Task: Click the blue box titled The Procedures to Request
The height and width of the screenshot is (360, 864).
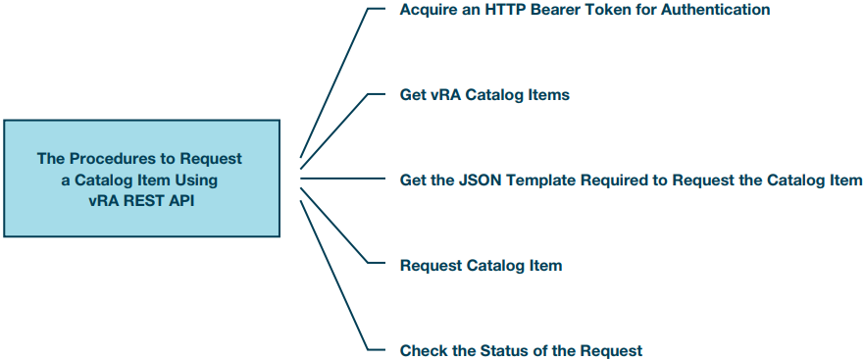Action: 140,178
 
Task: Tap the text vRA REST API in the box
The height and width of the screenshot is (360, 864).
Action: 140,198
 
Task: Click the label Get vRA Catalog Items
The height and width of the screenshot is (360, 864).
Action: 484,95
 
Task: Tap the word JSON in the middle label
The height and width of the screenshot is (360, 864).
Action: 480,180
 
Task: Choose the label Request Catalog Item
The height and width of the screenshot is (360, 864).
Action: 481,265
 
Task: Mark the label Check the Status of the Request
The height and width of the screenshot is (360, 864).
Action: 521,350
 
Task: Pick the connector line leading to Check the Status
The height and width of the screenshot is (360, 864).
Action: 333,276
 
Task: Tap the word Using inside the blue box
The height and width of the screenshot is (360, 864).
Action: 194,179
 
